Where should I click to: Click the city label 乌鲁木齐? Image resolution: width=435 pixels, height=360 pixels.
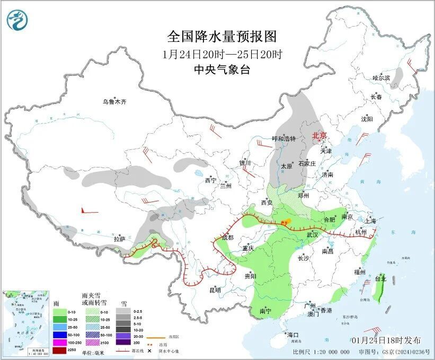(115, 101)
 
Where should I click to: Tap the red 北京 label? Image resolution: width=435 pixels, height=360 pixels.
(319, 135)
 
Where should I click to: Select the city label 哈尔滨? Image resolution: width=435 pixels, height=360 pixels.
(380, 78)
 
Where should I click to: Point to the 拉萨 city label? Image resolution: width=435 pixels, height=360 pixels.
(119, 239)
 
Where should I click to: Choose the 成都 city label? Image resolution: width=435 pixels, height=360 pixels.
(227, 238)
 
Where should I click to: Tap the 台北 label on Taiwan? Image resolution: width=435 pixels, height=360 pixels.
(380, 278)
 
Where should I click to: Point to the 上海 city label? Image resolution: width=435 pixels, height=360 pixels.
(371, 221)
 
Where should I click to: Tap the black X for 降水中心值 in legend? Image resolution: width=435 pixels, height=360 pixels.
(150, 350)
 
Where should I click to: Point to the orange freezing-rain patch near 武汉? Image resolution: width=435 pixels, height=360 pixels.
(286, 222)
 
